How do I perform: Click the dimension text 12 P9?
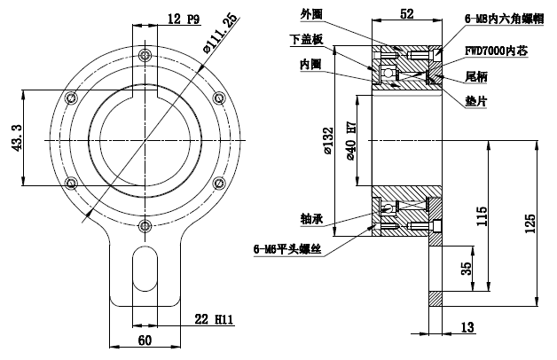click(181, 19)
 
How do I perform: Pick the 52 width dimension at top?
click(408, 13)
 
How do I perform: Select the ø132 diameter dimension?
click(328, 141)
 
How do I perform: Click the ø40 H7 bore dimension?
click(350, 141)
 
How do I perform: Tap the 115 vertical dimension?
click(482, 217)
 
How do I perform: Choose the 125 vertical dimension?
click(531, 223)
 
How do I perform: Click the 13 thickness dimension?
click(467, 328)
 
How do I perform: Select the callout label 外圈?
click(313, 14)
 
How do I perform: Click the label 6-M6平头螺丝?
click(286, 252)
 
